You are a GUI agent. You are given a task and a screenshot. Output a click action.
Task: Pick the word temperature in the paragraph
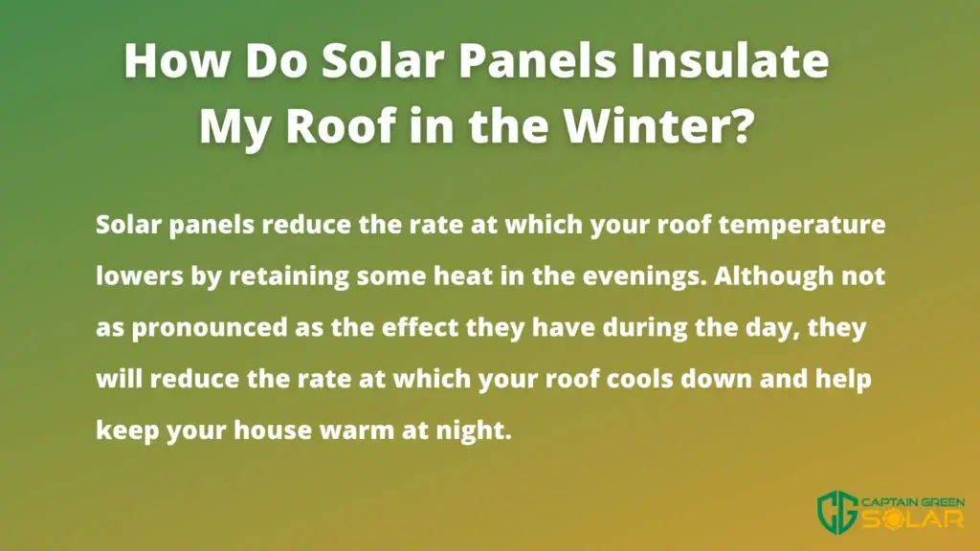(802, 224)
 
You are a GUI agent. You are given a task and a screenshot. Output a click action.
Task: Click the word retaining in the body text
(289, 275)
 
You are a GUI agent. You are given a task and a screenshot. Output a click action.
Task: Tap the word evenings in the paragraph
(645, 275)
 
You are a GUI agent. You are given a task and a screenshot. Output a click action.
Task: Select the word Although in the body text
(773, 275)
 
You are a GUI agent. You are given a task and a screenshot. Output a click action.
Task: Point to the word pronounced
(210, 328)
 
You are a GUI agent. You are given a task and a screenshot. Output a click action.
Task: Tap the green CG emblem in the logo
(837, 511)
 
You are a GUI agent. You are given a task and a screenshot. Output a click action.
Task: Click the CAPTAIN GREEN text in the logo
(913, 501)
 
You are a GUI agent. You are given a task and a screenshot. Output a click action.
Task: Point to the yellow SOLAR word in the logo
(913, 518)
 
